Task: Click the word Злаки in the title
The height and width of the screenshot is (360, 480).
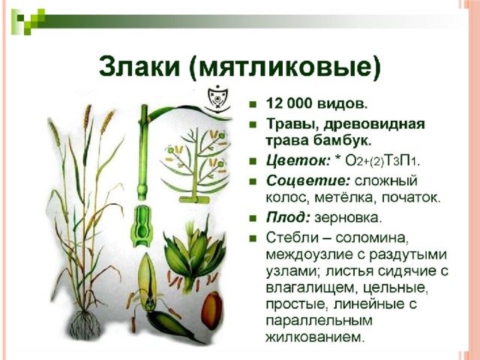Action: [x=139, y=67]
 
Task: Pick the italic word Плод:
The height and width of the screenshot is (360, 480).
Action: [x=288, y=217]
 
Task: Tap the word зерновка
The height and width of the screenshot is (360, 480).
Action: [x=348, y=218]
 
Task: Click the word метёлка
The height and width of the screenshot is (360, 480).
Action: [x=343, y=198]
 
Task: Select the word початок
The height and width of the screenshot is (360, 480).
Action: [x=411, y=198]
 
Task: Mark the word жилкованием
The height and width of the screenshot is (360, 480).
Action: [x=315, y=337]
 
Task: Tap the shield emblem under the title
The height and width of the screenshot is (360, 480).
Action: [x=217, y=98]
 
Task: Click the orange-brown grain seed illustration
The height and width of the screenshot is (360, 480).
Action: [x=211, y=310]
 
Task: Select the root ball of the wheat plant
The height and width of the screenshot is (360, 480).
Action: [x=85, y=325]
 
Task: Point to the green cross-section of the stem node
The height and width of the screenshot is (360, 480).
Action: [x=141, y=226]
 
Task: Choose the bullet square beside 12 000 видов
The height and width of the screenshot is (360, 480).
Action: [x=253, y=104]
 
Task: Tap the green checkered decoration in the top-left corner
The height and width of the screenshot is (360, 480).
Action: [x=28, y=22]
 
